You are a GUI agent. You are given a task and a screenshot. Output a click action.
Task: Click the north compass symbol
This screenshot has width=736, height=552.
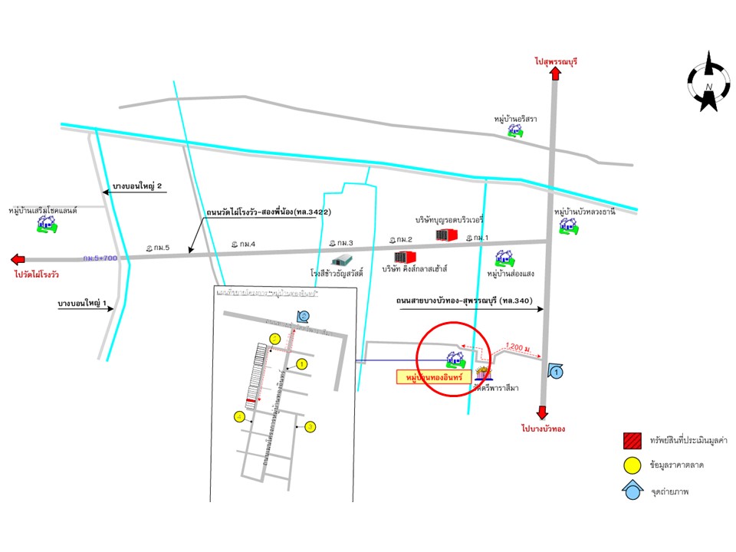coord(709,82)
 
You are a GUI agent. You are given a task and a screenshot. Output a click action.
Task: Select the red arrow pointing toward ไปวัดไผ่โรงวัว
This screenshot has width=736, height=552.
coord(18,259)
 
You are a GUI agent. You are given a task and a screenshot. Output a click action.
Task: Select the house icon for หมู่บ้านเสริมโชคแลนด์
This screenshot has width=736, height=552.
coord(48,224)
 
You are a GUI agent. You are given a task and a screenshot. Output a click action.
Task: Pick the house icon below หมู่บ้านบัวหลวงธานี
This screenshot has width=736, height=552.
coord(568,225)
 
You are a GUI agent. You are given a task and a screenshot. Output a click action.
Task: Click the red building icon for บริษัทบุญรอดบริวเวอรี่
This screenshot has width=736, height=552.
coord(446,235)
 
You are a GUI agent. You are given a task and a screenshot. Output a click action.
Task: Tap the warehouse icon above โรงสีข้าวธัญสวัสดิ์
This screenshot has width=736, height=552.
coord(341,260)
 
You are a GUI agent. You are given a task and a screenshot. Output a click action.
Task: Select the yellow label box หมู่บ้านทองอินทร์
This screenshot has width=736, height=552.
coord(433,376)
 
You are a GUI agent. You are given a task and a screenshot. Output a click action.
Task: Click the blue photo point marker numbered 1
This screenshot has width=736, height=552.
coord(557,372)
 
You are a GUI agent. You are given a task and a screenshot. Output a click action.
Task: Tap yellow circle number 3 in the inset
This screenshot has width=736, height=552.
coord(310,426)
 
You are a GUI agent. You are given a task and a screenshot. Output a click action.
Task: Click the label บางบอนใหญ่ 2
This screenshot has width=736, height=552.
coord(139,186)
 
